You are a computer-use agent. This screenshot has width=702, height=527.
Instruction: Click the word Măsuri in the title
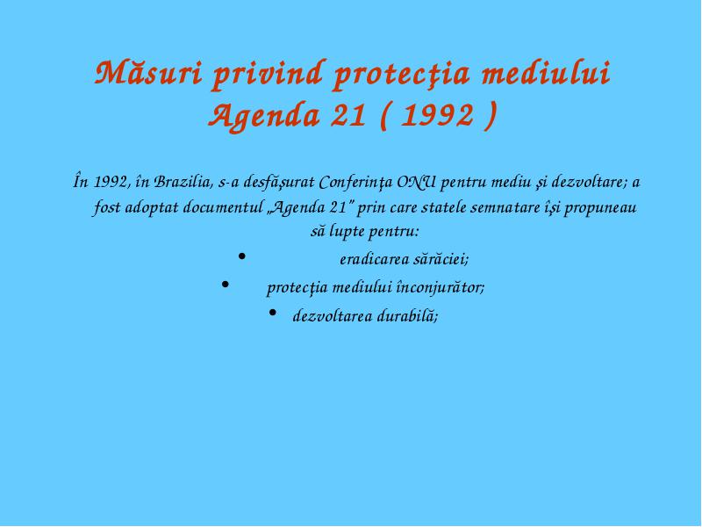[x=148, y=73]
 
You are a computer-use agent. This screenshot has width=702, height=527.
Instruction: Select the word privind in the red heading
[x=268, y=74]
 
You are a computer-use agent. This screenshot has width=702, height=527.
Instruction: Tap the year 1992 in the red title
[x=437, y=115]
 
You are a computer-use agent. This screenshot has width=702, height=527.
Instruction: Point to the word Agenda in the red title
[x=265, y=117]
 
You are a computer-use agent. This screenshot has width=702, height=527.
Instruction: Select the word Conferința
[x=356, y=183]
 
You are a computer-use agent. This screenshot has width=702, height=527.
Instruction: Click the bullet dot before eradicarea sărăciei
[x=242, y=256]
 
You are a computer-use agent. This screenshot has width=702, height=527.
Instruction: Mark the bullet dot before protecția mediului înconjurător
[x=226, y=284]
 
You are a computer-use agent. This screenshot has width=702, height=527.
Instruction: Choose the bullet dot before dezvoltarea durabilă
[x=273, y=313]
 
